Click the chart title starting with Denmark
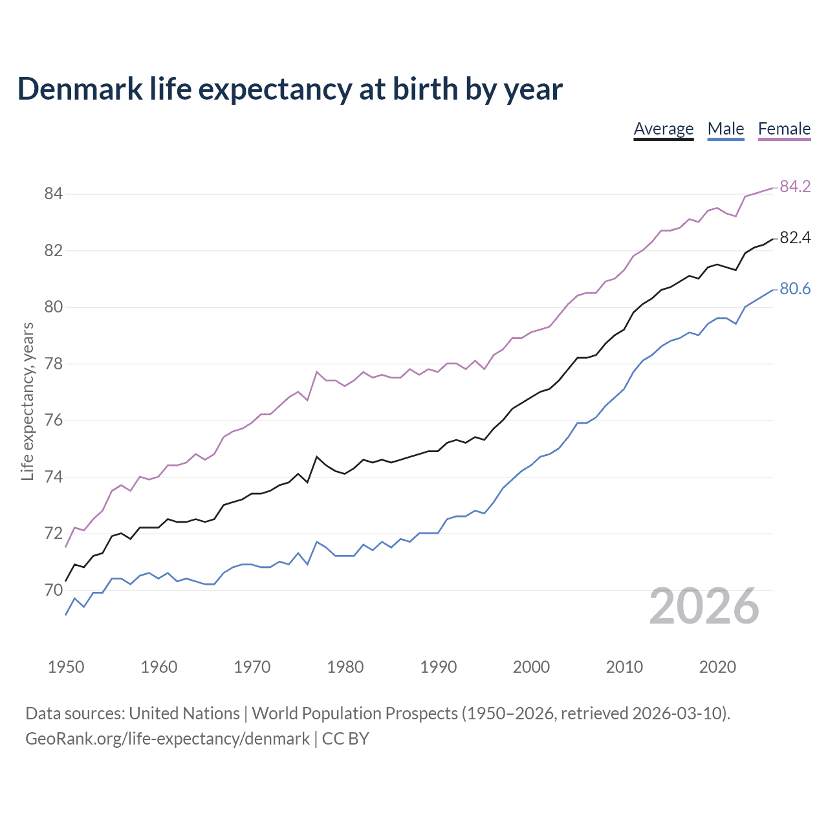click(x=290, y=89)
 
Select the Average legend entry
click(x=663, y=129)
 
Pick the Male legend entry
click(x=725, y=129)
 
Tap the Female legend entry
click(x=784, y=129)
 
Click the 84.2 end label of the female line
click(x=795, y=186)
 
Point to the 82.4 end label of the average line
click(x=795, y=238)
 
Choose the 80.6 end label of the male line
click(x=795, y=289)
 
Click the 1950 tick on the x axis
click(x=66, y=667)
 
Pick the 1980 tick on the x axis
click(x=345, y=667)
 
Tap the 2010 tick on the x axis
click(x=624, y=667)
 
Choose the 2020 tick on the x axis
click(x=717, y=667)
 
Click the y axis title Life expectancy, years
click(x=28, y=402)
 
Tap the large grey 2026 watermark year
click(x=704, y=606)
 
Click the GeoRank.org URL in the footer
click(x=168, y=739)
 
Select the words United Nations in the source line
click(x=184, y=714)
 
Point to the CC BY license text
click(x=345, y=739)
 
